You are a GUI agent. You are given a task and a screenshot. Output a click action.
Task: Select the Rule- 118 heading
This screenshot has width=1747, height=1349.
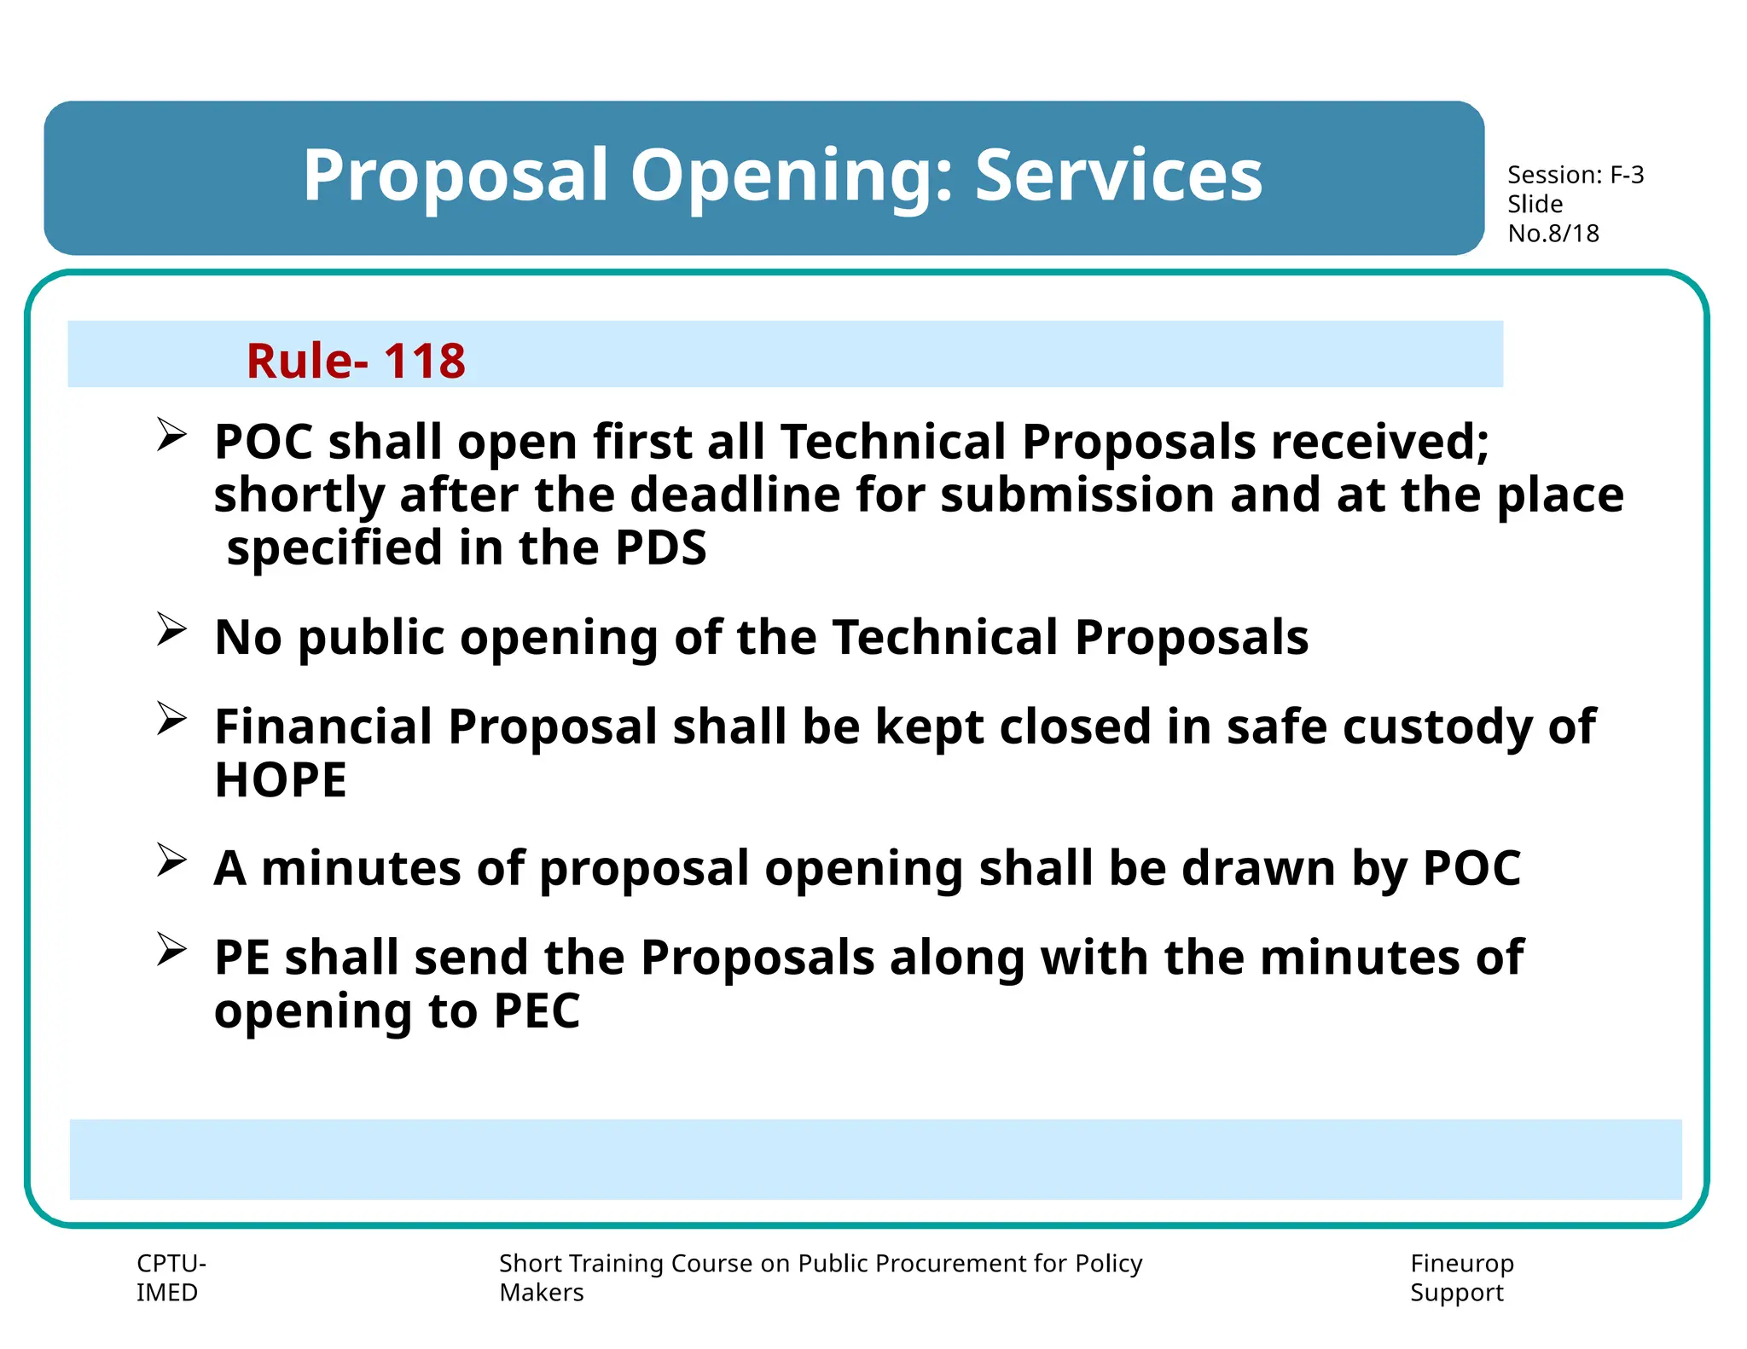(356, 360)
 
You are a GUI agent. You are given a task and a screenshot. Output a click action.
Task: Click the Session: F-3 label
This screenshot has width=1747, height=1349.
(1575, 175)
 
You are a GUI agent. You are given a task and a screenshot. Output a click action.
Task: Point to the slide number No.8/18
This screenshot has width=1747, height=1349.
(1553, 233)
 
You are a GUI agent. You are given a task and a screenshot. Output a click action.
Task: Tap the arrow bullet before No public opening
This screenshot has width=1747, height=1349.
(171, 630)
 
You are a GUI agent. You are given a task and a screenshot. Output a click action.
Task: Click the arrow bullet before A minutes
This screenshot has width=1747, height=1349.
(171, 860)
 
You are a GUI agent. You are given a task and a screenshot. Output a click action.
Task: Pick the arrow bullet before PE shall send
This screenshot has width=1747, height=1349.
(171, 950)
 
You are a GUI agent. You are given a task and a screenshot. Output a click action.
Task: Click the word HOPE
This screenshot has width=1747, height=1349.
(281, 779)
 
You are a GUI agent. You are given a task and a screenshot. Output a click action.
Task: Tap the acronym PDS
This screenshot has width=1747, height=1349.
(660, 547)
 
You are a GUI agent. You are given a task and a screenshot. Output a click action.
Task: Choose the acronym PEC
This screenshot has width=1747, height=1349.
(537, 1011)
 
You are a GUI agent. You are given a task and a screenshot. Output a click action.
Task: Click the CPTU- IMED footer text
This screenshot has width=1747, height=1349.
(170, 1277)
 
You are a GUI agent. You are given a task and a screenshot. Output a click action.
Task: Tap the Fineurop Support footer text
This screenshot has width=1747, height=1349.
(1461, 1277)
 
